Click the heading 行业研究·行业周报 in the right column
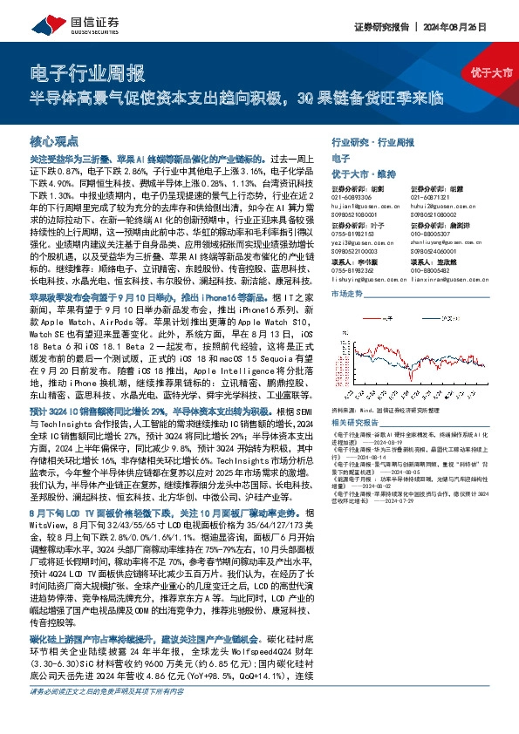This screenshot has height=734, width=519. coord(374,141)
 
